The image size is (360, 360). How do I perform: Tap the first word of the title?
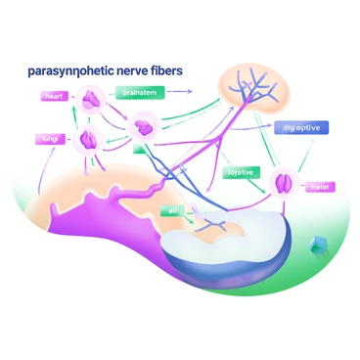point(58,71)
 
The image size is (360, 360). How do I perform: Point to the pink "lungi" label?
point(52,140)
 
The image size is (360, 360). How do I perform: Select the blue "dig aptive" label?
point(300,127)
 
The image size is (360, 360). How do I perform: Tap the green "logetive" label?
point(240,172)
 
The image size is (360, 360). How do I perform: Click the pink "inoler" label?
point(318,187)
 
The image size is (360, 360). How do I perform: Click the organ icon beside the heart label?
point(92,99)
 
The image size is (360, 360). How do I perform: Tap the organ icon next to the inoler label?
point(284,181)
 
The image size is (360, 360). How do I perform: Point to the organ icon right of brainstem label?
point(146,125)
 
